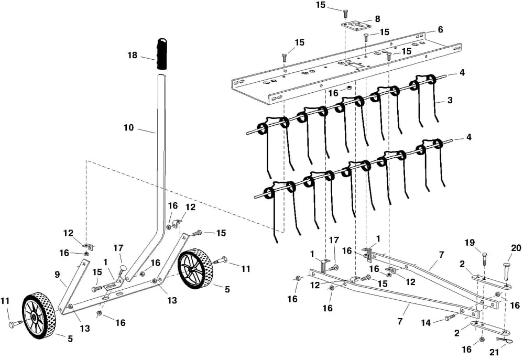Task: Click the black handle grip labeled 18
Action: (162, 53)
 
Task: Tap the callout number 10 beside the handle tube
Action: (129, 127)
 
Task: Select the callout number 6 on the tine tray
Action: (440, 30)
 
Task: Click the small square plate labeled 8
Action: (356, 26)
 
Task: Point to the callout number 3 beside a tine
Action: (450, 100)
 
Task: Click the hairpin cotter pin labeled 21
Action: (505, 340)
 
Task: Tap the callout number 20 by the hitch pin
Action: (516, 248)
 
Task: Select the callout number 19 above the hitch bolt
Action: (470, 243)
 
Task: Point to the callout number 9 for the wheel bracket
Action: (57, 275)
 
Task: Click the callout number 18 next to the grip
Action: (133, 55)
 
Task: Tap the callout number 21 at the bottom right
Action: (494, 352)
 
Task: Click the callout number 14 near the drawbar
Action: (425, 323)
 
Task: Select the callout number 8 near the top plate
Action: (377, 19)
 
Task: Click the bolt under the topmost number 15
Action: (345, 14)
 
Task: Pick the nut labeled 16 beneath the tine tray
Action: (348, 87)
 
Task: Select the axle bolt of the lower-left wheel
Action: (16, 323)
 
